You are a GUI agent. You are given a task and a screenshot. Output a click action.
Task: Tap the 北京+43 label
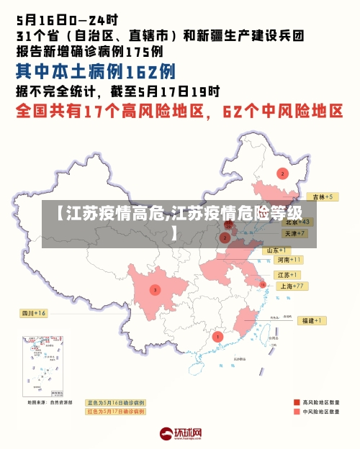click(297, 222)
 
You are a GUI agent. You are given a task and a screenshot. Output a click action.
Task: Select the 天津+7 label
click(295, 234)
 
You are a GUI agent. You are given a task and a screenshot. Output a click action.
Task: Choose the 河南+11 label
click(289, 260)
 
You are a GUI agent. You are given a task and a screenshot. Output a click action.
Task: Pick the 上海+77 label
click(294, 286)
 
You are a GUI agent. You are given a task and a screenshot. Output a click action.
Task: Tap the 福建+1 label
click(312, 320)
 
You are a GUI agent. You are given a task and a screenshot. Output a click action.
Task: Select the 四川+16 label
click(33, 313)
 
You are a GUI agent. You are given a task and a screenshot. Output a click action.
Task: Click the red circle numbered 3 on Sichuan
click(154, 290)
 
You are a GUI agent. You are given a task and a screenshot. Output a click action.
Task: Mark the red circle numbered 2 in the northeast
click(282, 173)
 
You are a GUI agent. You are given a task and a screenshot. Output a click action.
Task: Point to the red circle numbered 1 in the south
click(218, 336)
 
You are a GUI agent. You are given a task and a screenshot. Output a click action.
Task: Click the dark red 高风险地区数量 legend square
click(297, 402)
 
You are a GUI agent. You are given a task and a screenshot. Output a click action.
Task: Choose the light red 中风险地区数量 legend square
click(297, 412)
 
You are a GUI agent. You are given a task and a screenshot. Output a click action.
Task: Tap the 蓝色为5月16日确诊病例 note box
click(116, 402)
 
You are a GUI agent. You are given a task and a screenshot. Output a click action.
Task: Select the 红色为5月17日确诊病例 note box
click(116, 412)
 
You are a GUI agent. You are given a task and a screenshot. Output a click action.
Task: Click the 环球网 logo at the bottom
click(180, 434)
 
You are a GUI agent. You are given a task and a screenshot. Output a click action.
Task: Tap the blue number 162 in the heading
click(140, 72)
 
